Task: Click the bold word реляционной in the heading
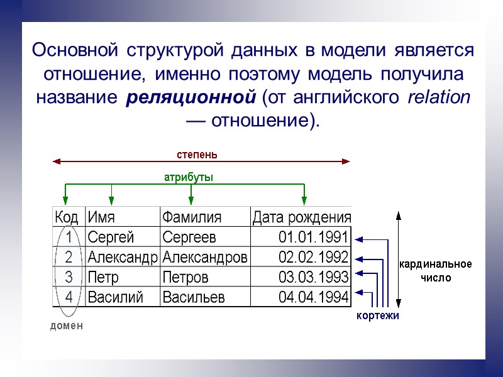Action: point(191,99)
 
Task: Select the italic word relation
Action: point(438,98)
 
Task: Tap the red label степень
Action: point(197,153)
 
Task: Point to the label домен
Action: point(67,325)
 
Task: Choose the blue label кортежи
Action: point(378,315)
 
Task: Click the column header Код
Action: point(67,217)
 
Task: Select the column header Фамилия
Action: point(192,217)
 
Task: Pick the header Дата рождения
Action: point(301,217)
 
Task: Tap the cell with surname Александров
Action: point(205,257)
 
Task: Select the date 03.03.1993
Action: point(314,277)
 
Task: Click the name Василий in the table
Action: point(115,297)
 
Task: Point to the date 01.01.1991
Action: point(314,237)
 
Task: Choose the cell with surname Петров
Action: point(185,277)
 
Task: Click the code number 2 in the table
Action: point(69,257)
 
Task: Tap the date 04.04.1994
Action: point(314,297)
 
